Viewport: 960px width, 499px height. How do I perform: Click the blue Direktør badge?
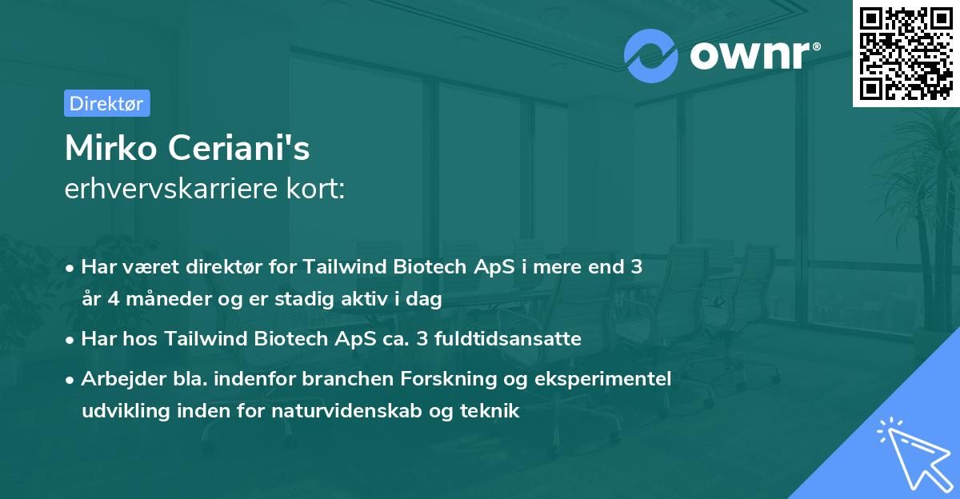point(107,103)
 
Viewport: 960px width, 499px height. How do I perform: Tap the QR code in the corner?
point(906,54)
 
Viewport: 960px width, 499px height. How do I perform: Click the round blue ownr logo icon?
point(651,56)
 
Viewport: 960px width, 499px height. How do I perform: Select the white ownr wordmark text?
point(750,55)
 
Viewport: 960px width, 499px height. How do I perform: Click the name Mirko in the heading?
point(111,148)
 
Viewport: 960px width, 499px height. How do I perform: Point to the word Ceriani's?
point(238,148)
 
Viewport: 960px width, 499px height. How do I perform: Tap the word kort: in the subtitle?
point(315,189)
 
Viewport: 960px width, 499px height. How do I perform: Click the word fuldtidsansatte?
point(508,339)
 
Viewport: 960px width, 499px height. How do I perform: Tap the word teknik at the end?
point(490,411)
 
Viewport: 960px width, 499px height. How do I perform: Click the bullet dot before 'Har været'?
point(70,269)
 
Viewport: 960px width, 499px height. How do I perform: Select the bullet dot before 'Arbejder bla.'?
point(70,381)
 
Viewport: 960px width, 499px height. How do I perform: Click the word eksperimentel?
point(602,379)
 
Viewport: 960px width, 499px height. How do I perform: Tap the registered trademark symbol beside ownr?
point(816,46)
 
